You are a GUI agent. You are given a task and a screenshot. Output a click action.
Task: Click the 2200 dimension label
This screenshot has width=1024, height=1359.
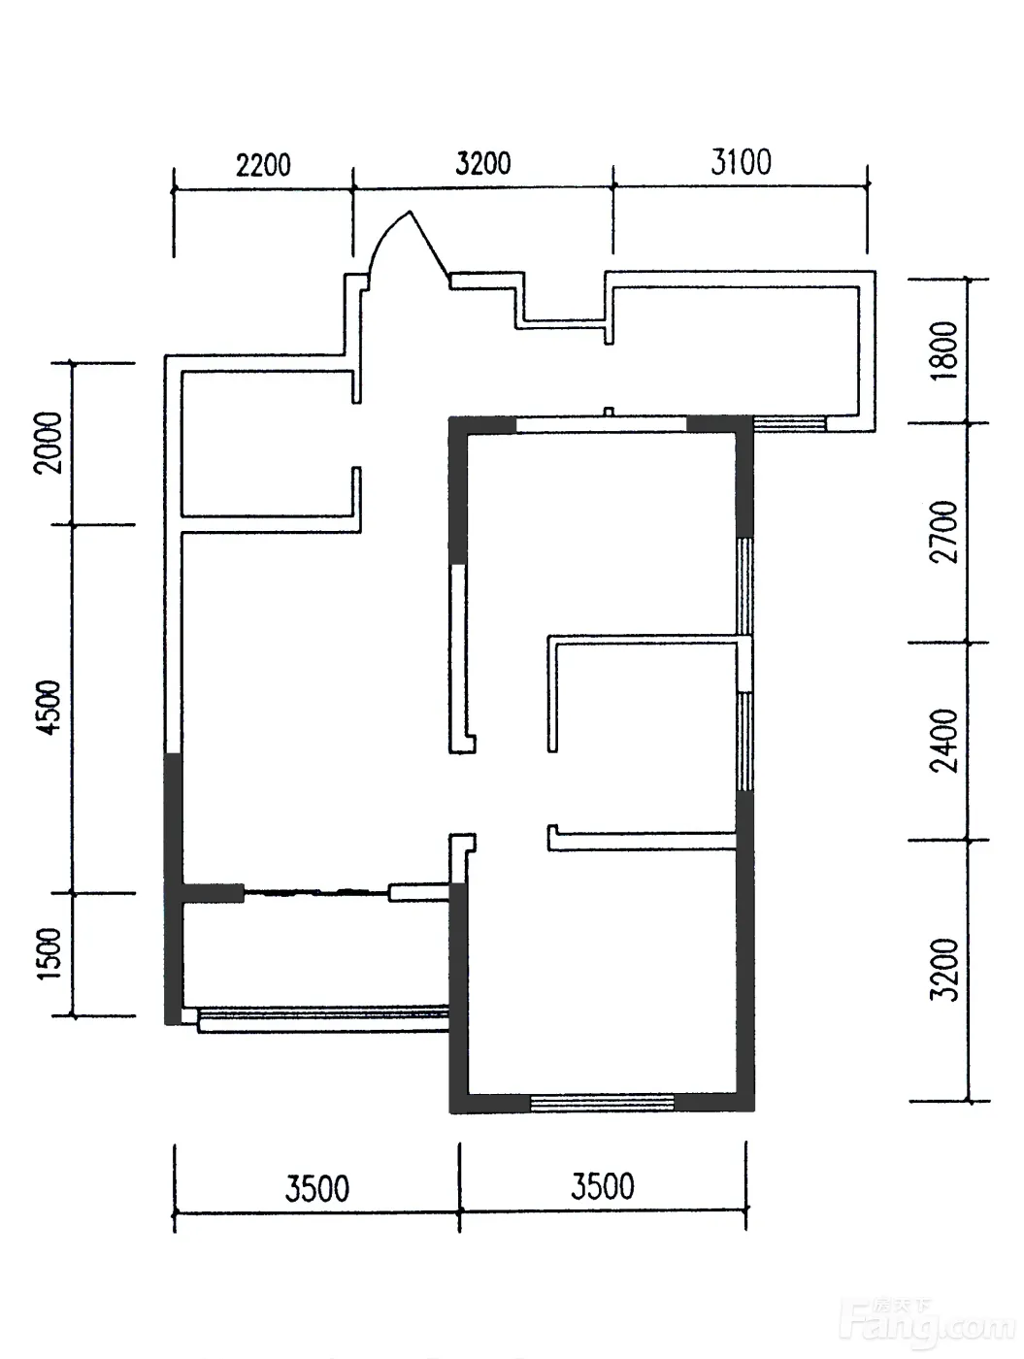(263, 165)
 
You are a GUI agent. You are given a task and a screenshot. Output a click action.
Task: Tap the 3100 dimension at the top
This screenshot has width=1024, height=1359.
(741, 162)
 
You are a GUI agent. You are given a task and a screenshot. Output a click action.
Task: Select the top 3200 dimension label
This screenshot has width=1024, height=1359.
(483, 163)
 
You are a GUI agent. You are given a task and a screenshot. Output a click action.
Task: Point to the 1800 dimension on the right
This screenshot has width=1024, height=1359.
(944, 349)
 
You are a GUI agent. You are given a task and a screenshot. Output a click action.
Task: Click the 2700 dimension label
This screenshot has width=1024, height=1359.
(943, 532)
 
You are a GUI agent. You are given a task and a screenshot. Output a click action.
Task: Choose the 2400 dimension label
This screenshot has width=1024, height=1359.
(943, 741)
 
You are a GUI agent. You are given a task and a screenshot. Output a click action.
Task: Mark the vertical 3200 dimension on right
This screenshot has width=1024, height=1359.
(944, 970)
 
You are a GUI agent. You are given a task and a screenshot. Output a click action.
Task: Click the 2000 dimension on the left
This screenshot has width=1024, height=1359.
(49, 443)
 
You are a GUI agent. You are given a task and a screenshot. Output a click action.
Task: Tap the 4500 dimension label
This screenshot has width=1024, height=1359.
(49, 708)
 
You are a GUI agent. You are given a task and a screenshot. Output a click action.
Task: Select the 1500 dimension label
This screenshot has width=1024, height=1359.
(50, 953)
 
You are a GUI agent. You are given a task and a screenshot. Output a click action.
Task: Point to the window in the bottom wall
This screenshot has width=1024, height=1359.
(602, 1102)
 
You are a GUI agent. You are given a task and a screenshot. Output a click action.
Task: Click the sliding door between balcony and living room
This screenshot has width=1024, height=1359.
(315, 893)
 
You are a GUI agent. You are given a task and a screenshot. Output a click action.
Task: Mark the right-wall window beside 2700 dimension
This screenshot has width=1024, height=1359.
(744, 585)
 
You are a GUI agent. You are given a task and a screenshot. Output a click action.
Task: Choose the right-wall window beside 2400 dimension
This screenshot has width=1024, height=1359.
(744, 742)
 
